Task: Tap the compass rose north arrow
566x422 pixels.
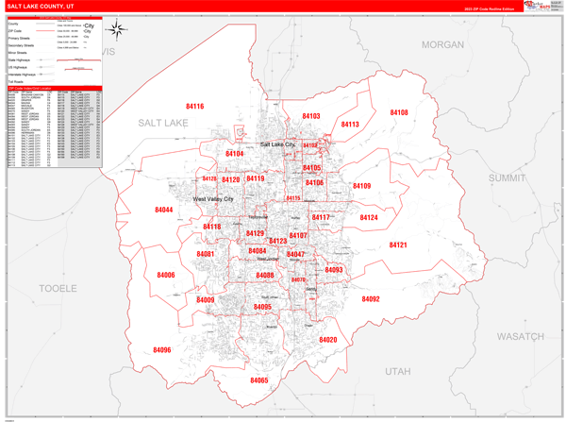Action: (x=116, y=30)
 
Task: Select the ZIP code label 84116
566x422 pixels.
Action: (x=194, y=107)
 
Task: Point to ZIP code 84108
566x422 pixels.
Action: (x=398, y=112)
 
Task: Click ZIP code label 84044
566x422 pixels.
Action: (x=164, y=210)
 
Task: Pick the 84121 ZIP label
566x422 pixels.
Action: (x=398, y=245)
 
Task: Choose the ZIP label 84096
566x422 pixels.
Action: (x=162, y=350)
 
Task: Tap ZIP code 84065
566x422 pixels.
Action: (x=258, y=380)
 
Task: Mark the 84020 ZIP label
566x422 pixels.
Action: (x=327, y=340)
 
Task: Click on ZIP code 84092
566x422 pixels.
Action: (x=370, y=298)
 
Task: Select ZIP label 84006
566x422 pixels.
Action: (x=166, y=275)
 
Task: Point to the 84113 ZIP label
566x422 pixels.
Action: (x=350, y=125)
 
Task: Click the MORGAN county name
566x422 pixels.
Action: (x=442, y=44)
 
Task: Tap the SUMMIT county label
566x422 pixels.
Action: (x=508, y=177)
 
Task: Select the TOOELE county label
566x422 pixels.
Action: (x=58, y=288)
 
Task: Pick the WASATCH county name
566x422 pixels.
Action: (x=521, y=336)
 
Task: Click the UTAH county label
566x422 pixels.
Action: (x=399, y=371)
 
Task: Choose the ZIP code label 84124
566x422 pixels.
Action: (x=368, y=217)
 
